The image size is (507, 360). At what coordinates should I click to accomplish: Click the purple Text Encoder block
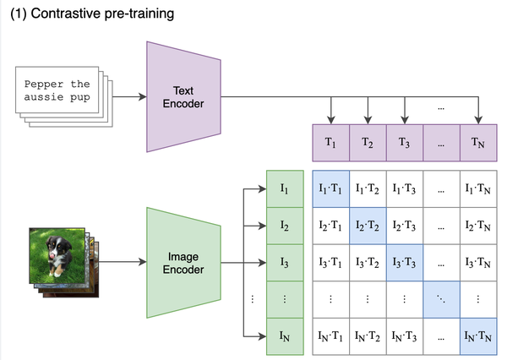[x=184, y=95]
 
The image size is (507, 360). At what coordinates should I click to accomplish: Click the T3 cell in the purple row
[x=405, y=143]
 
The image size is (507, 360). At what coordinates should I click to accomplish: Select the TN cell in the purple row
[x=478, y=143]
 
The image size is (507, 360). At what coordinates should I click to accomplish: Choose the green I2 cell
[x=284, y=226]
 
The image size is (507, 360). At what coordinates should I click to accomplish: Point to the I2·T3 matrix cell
[x=405, y=226]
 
